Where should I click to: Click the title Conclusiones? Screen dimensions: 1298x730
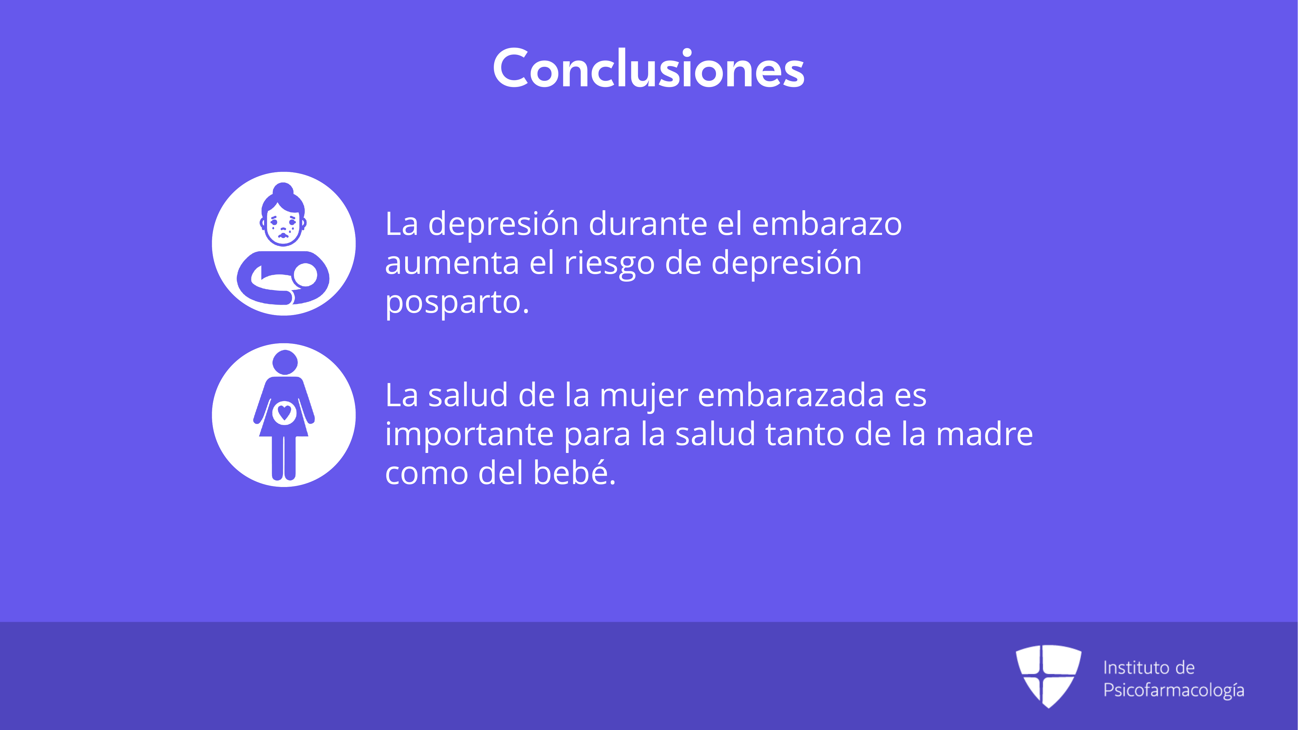click(649, 68)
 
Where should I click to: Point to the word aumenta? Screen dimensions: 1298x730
click(452, 263)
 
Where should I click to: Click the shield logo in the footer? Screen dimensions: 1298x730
click(1048, 676)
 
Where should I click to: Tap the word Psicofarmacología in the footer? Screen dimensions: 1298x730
click(1173, 690)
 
